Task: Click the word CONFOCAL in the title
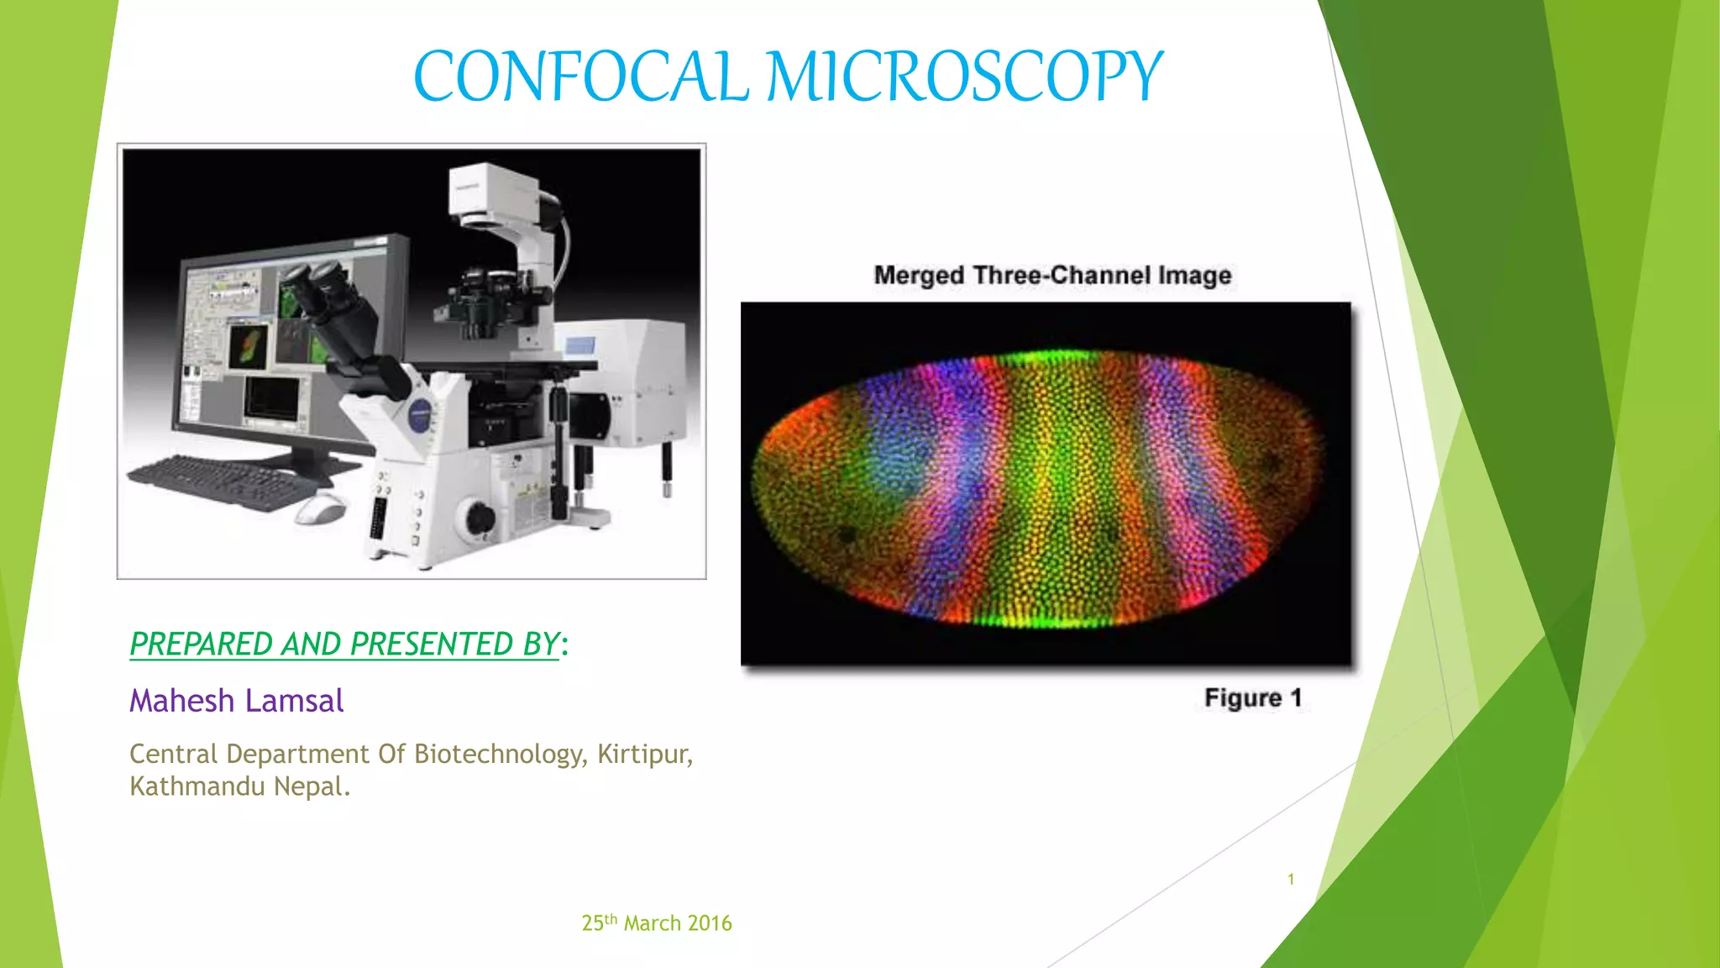(x=581, y=77)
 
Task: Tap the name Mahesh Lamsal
(x=236, y=701)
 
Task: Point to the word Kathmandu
(x=197, y=786)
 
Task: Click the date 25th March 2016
(x=657, y=923)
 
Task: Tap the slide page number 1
(x=1291, y=879)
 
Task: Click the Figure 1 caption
(x=1252, y=698)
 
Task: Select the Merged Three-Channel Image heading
(x=1052, y=276)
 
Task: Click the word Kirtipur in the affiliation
(x=644, y=754)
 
